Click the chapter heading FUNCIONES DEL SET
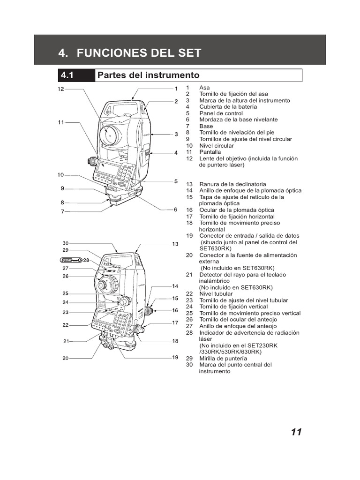click(x=130, y=53)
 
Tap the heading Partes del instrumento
click(x=148, y=75)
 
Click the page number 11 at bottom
click(x=296, y=432)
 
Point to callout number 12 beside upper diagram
click(x=60, y=89)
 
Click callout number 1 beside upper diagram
click(x=176, y=89)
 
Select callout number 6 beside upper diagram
click(x=176, y=210)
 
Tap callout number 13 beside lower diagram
click(x=175, y=244)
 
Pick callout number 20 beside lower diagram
click(x=66, y=358)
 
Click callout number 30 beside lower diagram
click(x=66, y=243)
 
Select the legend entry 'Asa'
click(x=204, y=88)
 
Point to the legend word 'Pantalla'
click(x=210, y=152)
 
